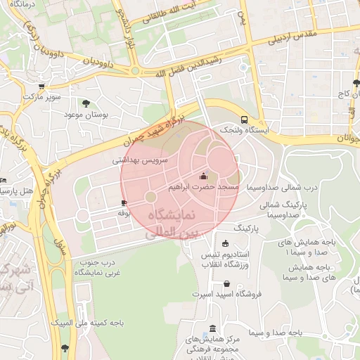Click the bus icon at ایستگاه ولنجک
click(244, 120)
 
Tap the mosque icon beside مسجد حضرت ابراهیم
click(204, 176)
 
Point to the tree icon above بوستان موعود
click(86, 103)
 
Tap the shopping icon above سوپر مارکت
click(41, 86)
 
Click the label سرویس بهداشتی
click(141, 160)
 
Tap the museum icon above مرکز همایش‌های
click(213, 328)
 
